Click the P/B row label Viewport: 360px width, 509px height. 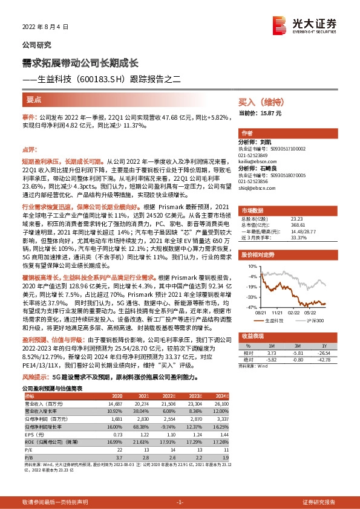27,457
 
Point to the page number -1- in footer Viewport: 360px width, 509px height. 179,502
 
